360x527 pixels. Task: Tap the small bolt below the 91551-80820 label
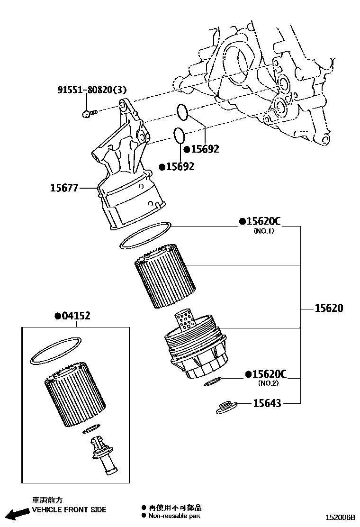88,113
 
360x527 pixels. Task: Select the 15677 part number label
64,188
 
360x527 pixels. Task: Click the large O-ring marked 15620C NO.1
144,235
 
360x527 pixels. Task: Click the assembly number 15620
329,309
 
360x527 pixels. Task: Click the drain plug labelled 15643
226,408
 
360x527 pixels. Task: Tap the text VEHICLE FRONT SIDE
69,510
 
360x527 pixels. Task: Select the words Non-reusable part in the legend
174,515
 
